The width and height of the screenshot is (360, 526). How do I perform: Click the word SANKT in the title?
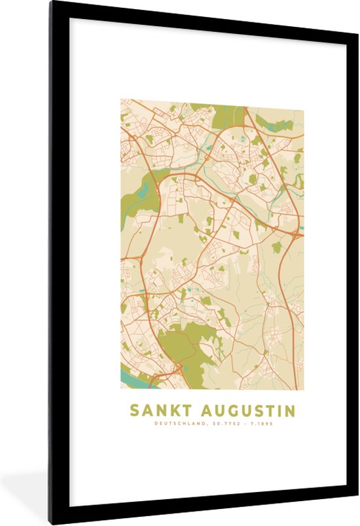pos(156,411)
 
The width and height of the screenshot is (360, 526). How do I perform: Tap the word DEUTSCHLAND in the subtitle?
pos(177,424)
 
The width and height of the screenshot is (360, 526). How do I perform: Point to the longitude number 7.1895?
pos(259,424)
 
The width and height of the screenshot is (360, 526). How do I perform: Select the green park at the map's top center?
pos(226,113)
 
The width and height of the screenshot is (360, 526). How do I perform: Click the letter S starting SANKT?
pos(134,411)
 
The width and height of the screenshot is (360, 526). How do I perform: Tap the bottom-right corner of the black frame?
pos(355,521)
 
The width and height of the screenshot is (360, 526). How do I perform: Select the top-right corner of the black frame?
pos(355,4)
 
